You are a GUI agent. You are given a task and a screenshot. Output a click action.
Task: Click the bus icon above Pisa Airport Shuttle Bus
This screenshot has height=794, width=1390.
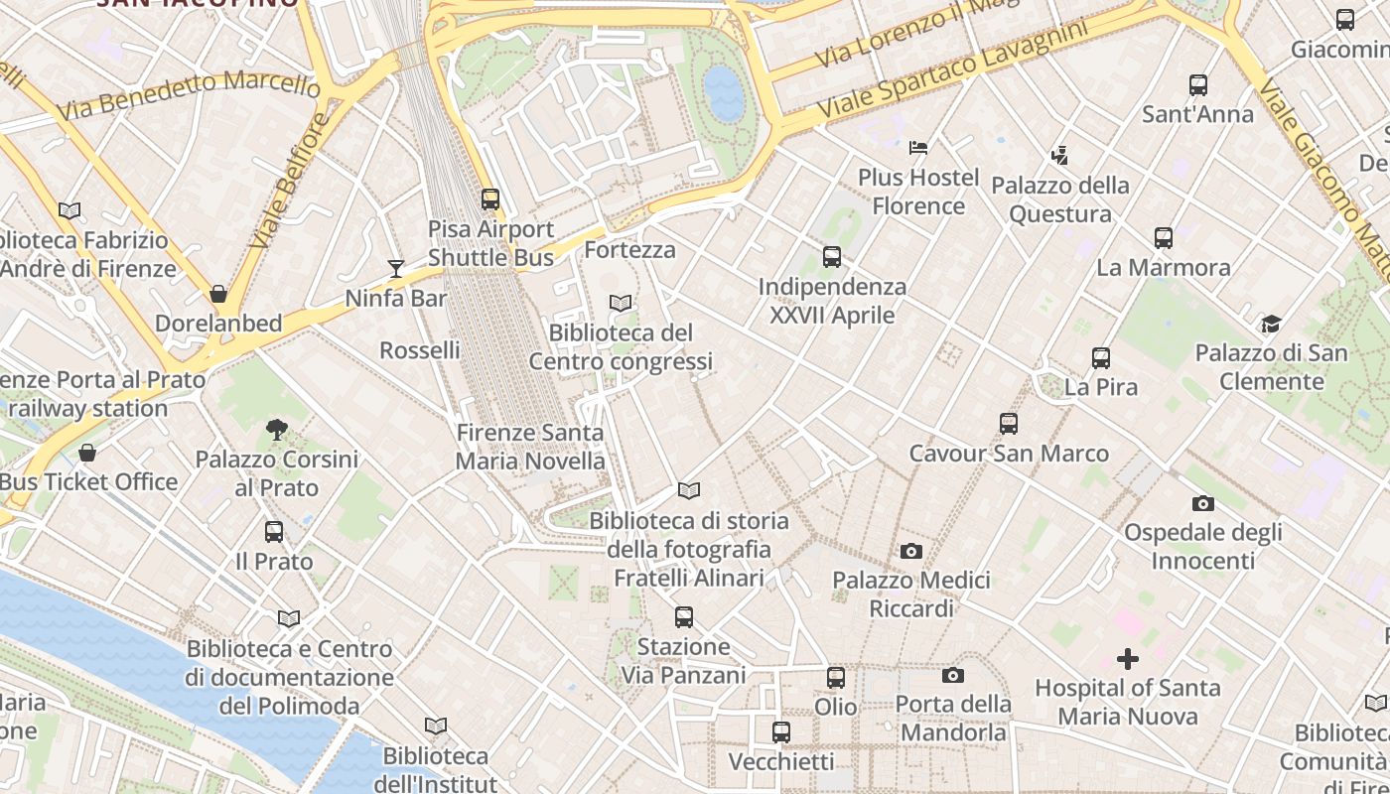point(490,199)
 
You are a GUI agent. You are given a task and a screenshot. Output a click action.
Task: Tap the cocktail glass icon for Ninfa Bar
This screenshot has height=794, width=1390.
point(396,268)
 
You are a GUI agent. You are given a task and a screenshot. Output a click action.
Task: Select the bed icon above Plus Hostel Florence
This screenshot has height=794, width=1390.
point(918,148)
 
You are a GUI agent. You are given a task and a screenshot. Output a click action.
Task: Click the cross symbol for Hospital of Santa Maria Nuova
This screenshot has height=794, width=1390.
point(1128,658)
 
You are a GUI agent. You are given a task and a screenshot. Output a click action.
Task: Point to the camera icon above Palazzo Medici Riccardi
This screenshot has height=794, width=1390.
point(910,551)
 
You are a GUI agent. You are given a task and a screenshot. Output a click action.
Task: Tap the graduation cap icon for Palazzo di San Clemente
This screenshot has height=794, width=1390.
point(1271,324)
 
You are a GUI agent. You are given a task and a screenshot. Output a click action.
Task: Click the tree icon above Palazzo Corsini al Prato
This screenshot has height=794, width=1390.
point(277,430)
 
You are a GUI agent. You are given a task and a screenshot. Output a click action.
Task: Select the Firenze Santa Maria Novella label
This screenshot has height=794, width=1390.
point(530,447)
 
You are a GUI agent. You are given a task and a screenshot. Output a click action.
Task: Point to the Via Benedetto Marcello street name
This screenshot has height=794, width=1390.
point(188,95)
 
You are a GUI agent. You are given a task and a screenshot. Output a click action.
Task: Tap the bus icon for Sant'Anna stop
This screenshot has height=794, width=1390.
point(1198,85)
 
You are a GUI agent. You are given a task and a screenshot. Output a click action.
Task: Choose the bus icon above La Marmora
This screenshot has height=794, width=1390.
point(1164,238)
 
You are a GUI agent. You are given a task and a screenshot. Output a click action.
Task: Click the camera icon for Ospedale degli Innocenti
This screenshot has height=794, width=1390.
point(1203,503)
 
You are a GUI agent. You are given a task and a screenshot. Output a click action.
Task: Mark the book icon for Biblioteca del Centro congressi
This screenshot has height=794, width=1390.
point(621,303)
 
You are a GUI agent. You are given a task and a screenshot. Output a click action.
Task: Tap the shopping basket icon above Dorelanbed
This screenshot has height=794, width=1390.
point(218,294)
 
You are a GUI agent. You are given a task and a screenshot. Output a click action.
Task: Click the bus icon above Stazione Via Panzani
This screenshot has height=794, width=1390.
point(684,617)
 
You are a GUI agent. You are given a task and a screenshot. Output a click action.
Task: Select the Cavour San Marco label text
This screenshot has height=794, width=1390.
point(1009,454)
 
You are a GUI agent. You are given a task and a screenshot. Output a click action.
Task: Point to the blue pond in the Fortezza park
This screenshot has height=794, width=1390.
point(724,93)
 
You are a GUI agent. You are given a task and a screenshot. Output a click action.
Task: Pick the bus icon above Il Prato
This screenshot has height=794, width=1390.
point(274,532)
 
